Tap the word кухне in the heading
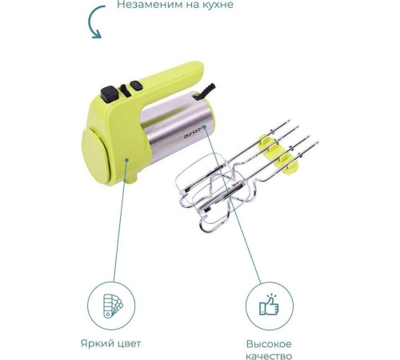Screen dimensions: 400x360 218,5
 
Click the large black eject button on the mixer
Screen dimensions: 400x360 110,94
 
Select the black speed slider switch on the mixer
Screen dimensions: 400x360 125,90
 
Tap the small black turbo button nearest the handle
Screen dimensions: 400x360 136,86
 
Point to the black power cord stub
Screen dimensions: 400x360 205,92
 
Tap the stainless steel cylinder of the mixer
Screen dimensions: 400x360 178,127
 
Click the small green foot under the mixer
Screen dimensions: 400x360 131,178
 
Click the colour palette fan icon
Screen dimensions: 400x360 113,306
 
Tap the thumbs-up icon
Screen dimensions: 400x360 269,305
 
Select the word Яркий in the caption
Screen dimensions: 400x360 96,343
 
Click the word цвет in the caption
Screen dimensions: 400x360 128,344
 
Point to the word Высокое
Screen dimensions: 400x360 269,344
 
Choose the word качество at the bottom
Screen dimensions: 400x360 269,356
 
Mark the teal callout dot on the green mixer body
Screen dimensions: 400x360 127,160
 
